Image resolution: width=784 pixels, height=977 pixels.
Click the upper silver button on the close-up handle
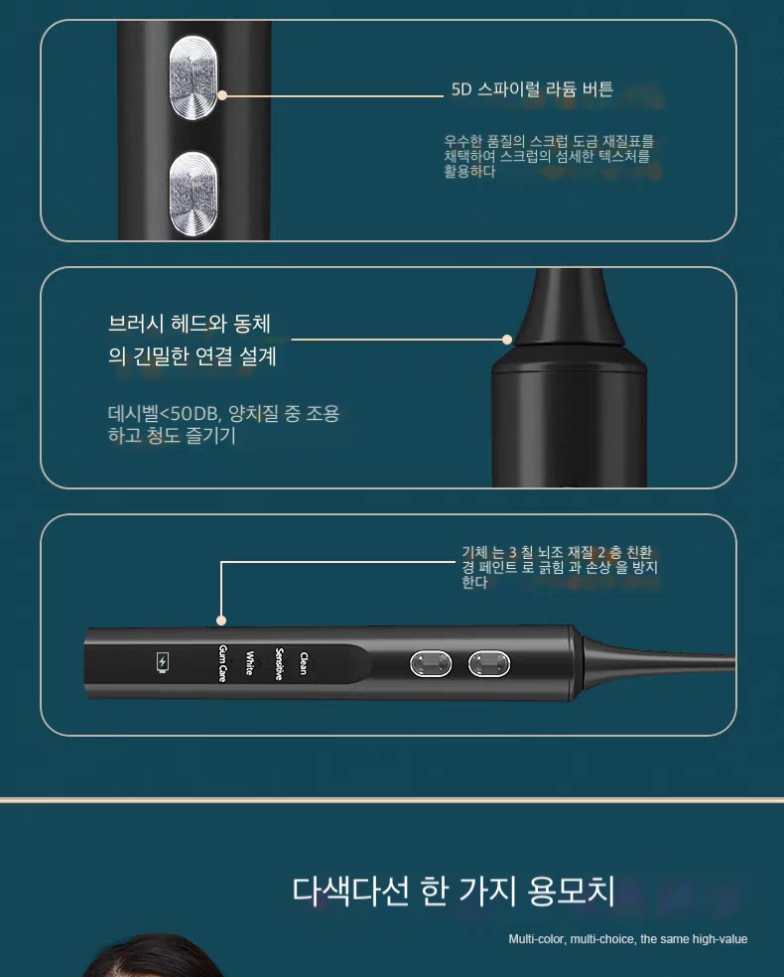[x=194, y=77]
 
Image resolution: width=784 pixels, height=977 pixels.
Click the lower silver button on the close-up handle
[x=194, y=194]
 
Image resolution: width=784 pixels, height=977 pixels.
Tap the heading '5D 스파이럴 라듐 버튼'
[x=532, y=89]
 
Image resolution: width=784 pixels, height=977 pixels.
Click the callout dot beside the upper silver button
[x=222, y=95]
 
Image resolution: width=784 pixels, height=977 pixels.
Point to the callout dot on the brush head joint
[x=507, y=340]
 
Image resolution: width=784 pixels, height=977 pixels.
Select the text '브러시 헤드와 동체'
[x=190, y=324]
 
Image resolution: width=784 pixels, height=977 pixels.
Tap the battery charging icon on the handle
[x=163, y=662]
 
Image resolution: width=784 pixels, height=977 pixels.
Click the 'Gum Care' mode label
[x=222, y=663]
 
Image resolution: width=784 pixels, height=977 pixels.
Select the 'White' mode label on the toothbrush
[x=250, y=663]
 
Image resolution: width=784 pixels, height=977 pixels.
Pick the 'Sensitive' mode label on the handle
[x=280, y=663]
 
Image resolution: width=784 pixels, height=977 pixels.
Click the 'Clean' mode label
[x=304, y=663]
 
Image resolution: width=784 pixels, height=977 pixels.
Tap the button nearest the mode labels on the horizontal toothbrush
[x=431, y=663]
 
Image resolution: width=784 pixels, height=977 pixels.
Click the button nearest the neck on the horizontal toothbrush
[x=489, y=663]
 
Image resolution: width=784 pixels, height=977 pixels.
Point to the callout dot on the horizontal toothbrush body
[x=221, y=620]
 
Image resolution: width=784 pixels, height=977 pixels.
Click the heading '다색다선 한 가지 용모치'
[x=454, y=891]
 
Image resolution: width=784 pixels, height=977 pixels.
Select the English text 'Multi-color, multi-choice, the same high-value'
[x=628, y=939]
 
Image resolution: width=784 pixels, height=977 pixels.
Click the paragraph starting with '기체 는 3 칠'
[x=560, y=567]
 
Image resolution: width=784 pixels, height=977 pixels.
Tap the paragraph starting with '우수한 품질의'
[x=549, y=157]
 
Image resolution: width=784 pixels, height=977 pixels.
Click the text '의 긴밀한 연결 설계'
[x=193, y=355]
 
